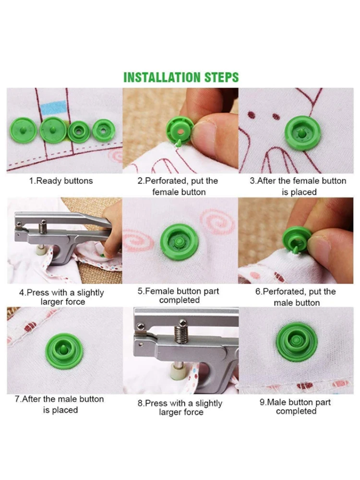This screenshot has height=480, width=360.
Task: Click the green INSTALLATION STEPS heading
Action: click(x=181, y=77)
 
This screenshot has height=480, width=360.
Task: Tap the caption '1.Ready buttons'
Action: click(x=61, y=181)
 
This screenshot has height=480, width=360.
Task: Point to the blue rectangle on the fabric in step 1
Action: click(x=54, y=108)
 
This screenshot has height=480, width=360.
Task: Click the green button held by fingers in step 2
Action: click(x=180, y=132)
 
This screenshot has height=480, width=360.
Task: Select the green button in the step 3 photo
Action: click(x=302, y=133)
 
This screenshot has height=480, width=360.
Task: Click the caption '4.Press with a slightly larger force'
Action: click(x=61, y=297)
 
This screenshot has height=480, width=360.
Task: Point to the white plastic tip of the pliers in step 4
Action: click(x=41, y=250)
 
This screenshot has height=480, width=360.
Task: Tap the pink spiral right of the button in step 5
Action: click(x=217, y=221)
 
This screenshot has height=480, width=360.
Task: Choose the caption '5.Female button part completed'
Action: click(x=179, y=295)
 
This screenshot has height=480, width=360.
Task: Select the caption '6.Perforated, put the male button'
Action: click(x=296, y=297)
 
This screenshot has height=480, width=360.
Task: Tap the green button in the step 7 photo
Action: click(x=64, y=351)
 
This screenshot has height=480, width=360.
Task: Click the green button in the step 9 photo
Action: click(x=297, y=341)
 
